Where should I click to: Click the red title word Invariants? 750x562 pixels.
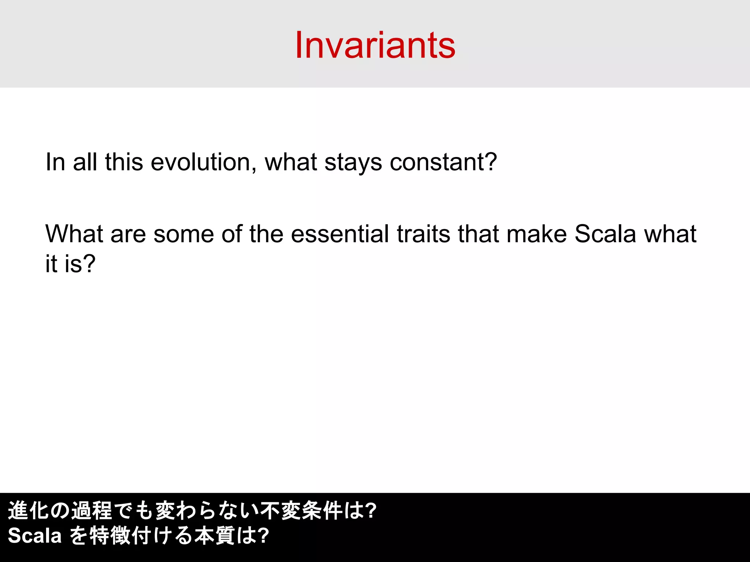(375, 45)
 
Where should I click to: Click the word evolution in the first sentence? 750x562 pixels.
(201, 162)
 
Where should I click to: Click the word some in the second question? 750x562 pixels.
(183, 234)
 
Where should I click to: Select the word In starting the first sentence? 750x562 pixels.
(55, 162)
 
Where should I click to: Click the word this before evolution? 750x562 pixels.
(124, 162)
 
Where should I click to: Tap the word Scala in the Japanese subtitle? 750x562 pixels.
(35, 536)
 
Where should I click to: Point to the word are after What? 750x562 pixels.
(128, 234)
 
